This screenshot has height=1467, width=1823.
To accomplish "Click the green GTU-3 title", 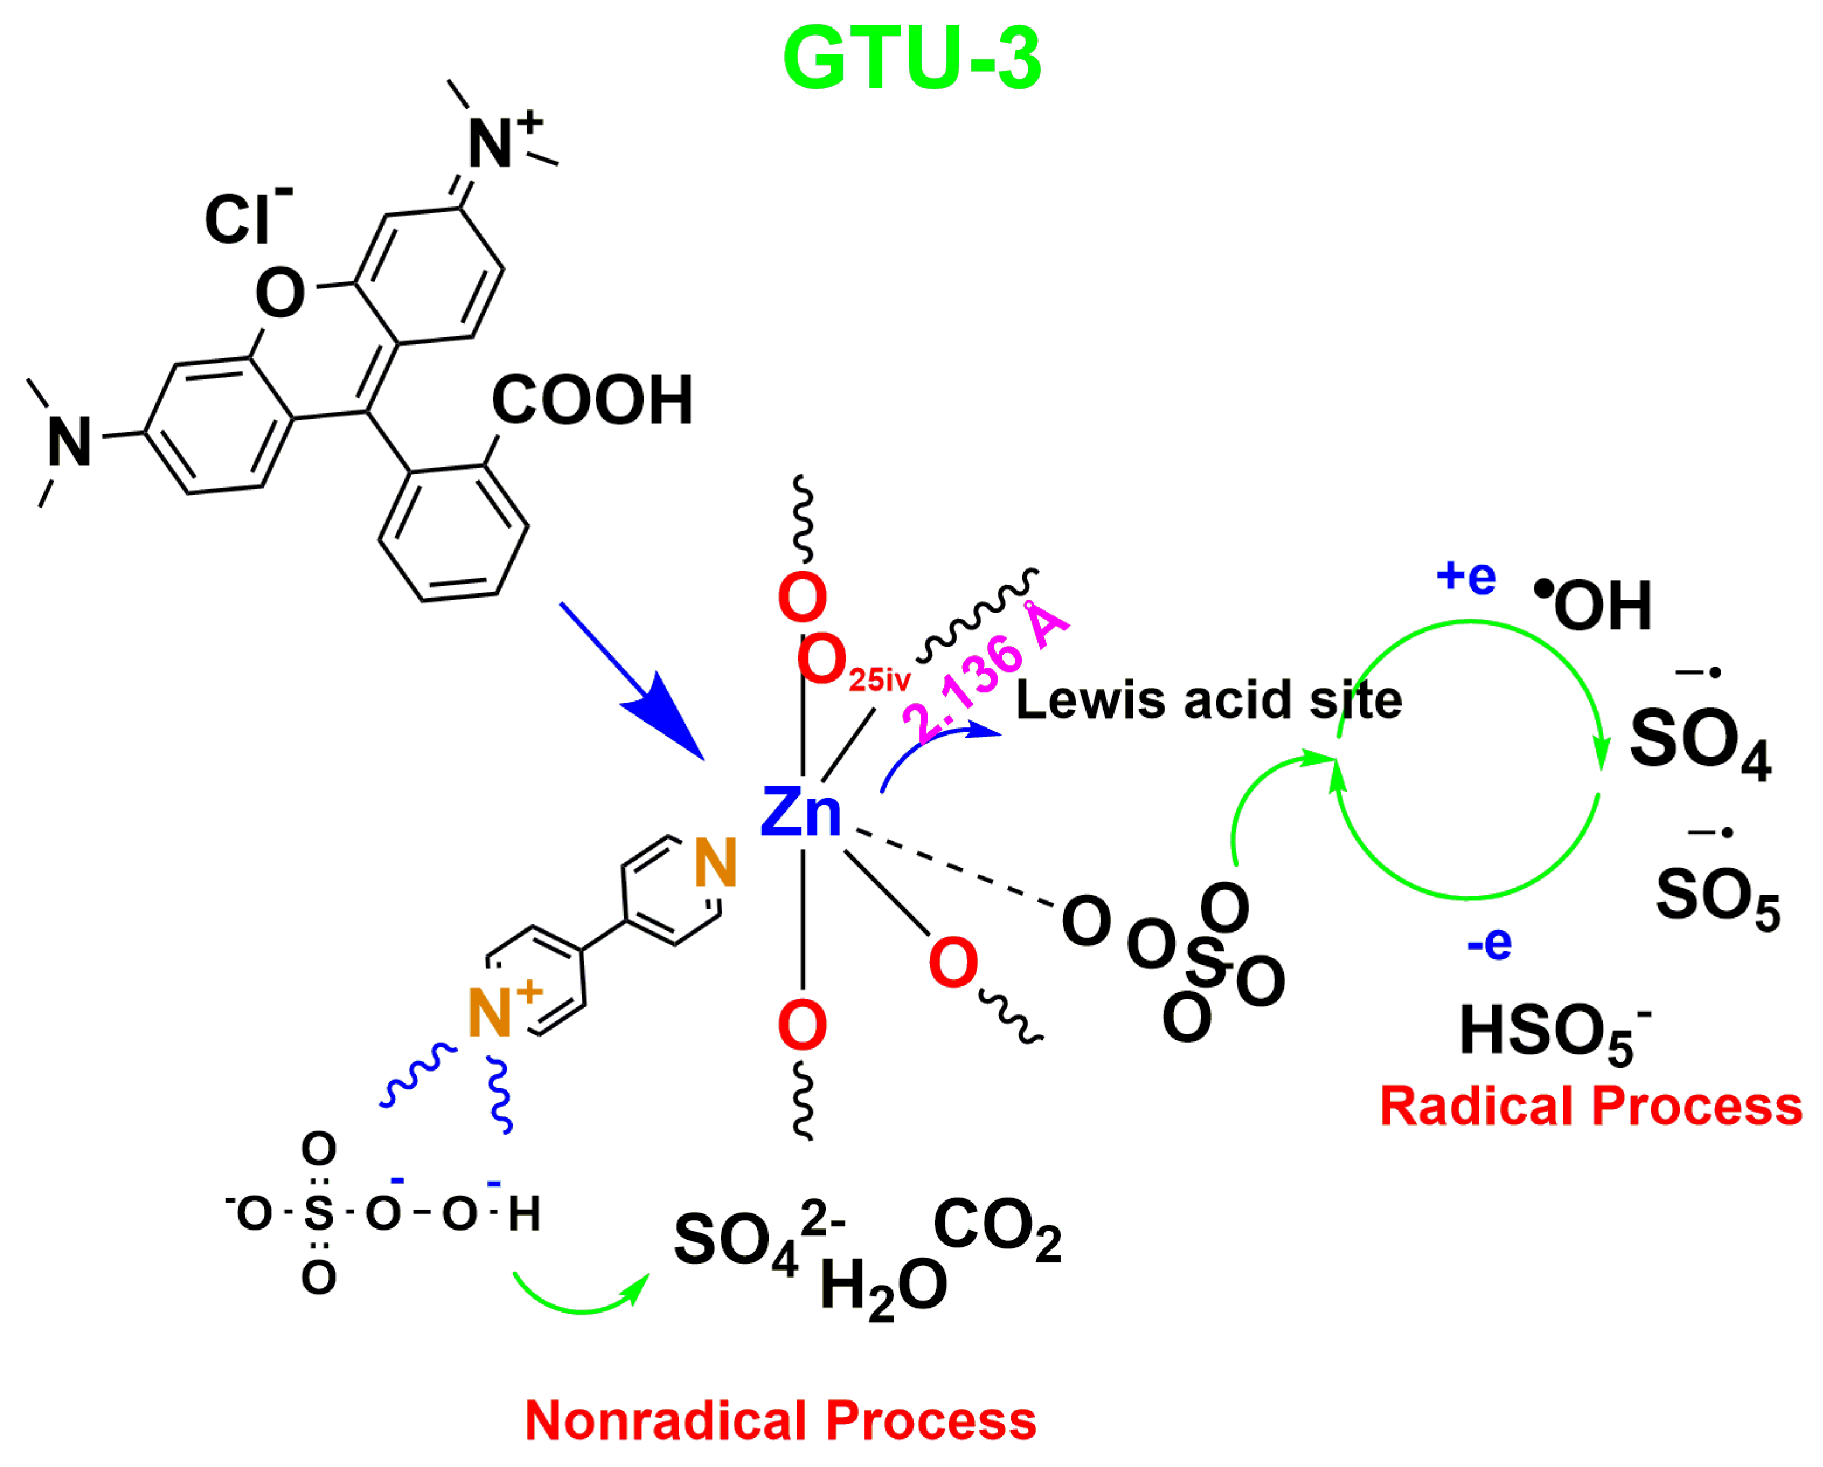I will tap(912, 59).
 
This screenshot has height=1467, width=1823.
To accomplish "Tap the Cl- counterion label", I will tap(245, 218).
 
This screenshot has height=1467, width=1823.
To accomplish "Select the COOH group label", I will tap(592, 400).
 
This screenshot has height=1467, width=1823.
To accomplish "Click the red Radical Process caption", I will tap(1590, 1107).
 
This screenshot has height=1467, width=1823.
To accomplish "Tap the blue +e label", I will tap(1465, 577).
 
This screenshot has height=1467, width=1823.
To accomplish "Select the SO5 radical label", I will tap(1717, 897).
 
